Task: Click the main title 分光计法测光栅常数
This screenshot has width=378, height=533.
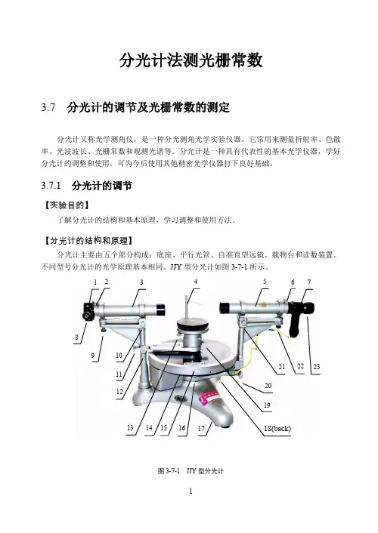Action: tap(191, 61)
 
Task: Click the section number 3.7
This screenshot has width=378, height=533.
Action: tap(48, 107)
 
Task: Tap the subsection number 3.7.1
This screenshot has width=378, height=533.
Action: tap(51, 186)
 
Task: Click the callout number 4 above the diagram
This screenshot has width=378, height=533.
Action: tap(196, 282)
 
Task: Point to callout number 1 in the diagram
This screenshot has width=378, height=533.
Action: tap(95, 282)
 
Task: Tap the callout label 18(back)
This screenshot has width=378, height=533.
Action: tap(277, 428)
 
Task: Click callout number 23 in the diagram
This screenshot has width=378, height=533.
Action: tap(316, 366)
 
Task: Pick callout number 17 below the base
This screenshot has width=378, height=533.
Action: tap(201, 428)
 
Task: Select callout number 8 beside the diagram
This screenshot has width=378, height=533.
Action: tap(76, 337)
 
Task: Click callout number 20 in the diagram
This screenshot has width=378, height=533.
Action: tap(268, 386)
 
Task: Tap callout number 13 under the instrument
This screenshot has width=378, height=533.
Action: tap(130, 427)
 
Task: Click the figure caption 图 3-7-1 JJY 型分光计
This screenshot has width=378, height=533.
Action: tap(191, 471)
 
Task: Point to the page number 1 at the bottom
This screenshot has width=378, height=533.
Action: tap(191, 491)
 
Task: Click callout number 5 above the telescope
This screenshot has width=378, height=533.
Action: tap(265, 282)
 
